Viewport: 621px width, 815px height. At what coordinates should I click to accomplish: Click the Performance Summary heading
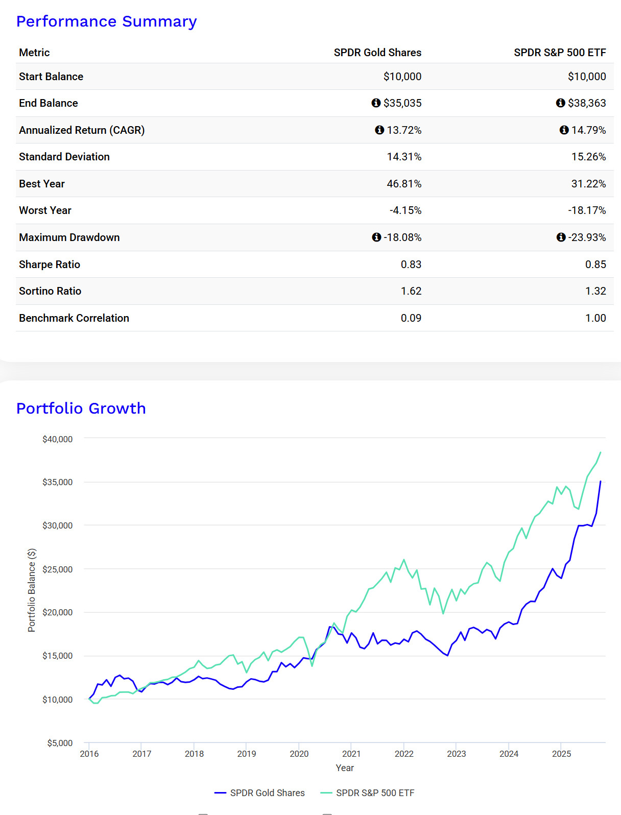click(x=106, y=21)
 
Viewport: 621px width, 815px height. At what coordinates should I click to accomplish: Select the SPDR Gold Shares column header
click(x=377, y=53)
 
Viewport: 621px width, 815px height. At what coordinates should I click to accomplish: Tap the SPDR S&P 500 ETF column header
click(x=560, y=53)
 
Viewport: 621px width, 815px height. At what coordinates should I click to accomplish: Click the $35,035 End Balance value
click(x=402, y=103)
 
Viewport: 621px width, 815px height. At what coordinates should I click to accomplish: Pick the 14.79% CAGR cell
click(x=588, y=130)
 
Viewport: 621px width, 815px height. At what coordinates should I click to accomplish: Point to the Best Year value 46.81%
click(x=404, y=184)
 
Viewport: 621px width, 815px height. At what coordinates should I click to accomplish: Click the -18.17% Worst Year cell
click(x=587, y=210)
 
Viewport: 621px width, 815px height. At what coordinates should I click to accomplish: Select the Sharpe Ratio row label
click(x=50, y=265)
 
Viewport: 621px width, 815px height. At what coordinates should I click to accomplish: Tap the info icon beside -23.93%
click(x=561, y=237)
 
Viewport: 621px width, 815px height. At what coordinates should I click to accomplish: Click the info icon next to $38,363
click(x=560, y=103)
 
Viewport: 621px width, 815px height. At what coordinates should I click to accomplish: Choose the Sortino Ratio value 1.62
click(x=411, y=291)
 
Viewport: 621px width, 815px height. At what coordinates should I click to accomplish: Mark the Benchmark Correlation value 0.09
click(x=411, y=318)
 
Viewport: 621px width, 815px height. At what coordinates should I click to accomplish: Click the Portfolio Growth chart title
click(x=81, y=409)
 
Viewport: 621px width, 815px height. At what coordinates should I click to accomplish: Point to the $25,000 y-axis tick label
click(x=57, y=569)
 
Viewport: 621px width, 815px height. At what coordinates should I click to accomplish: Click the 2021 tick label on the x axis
click(x=351, y=754)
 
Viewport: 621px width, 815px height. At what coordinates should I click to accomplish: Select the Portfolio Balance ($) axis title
click(x=32, y=590)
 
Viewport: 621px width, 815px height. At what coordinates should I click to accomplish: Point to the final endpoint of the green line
click(x=601, y=452)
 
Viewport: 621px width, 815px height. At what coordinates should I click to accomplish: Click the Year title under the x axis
click(x=345, y=768)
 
